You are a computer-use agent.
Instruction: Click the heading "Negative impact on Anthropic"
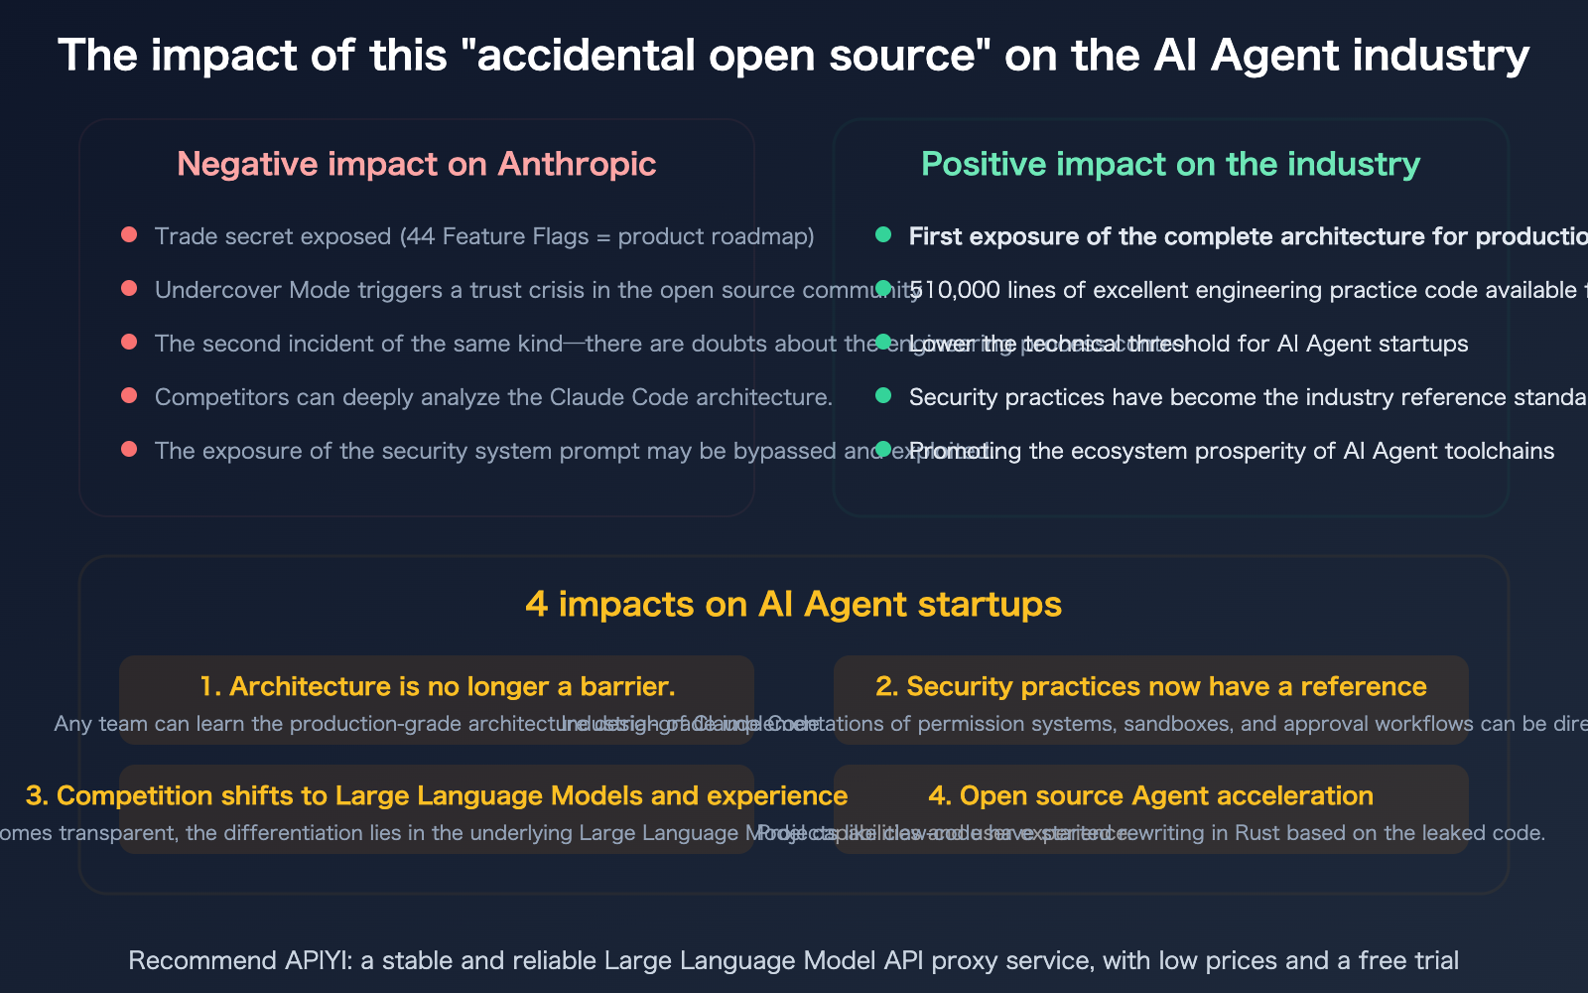click(x=416, y=164)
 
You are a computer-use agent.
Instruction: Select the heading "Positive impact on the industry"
click(x=1170, y=164)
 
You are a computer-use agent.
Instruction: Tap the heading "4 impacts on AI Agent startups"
click(x=793, y=604)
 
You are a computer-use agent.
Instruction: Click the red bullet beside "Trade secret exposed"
click(x=129, y=235)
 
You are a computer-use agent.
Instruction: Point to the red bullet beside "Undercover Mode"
click(x=129, y=289)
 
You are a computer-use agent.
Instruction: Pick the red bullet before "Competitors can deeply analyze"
click(x=129, y=396)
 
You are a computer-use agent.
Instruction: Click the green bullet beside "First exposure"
click(x=883, y=235)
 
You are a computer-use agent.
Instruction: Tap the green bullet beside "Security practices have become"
click(x=883, y=396)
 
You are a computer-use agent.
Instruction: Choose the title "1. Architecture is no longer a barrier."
click(x=437, y=686)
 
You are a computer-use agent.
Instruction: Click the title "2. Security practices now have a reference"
click(x=1151, y=686)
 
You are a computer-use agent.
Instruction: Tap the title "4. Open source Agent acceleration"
click(x=1151, y=795)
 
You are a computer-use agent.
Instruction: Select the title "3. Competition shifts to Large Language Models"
click(x=437, y=795)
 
